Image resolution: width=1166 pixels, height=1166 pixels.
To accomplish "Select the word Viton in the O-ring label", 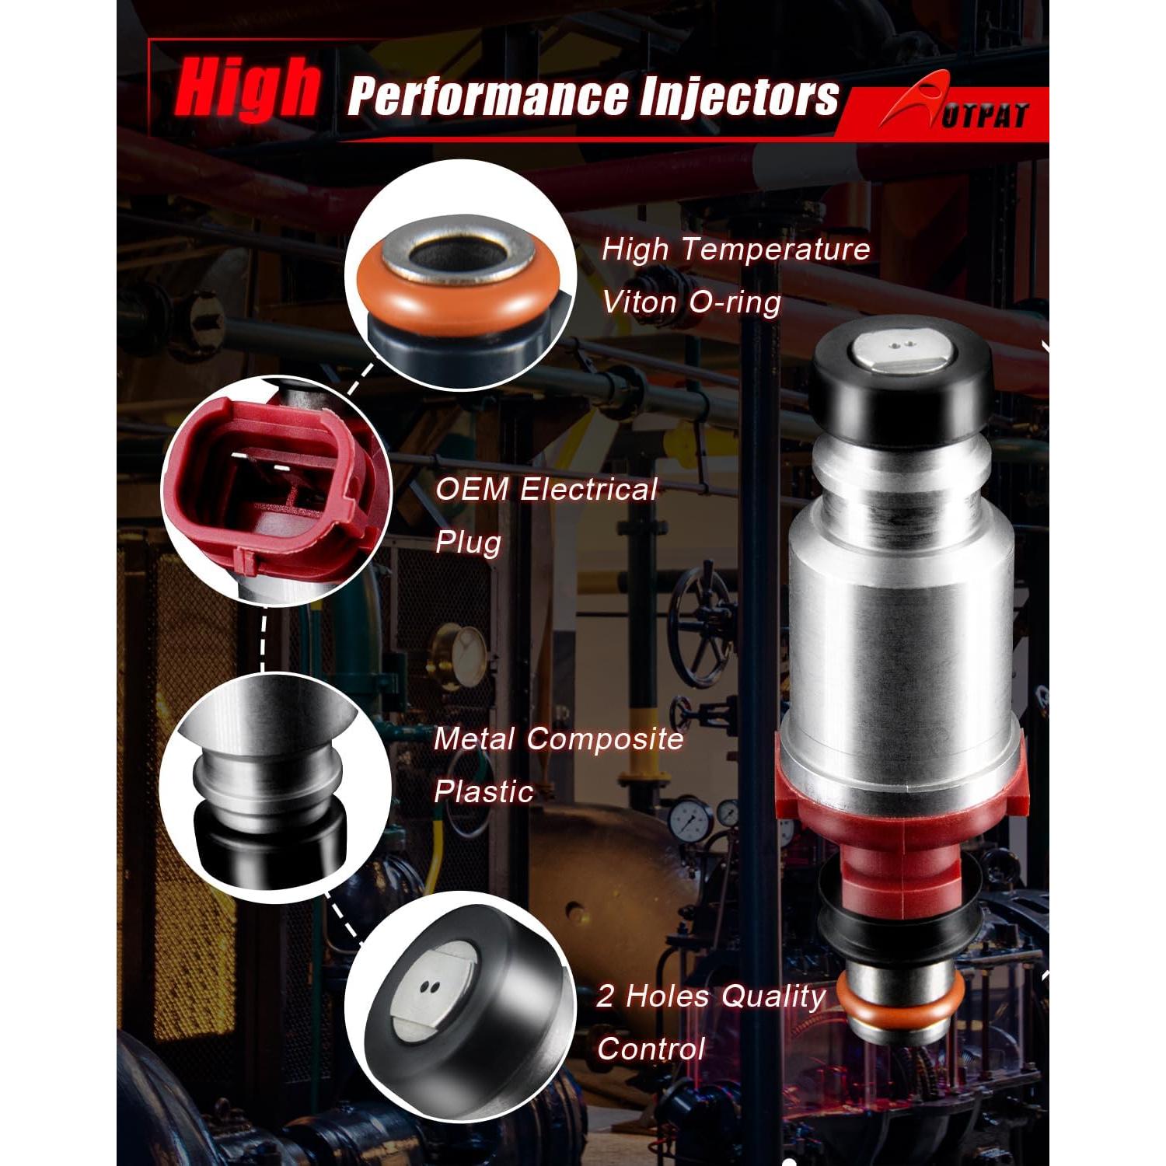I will click(x=639, y=302).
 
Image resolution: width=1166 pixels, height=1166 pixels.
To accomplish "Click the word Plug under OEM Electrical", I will click(x=468, y=542).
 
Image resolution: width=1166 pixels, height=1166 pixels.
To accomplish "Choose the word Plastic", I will click(x=484, y=791).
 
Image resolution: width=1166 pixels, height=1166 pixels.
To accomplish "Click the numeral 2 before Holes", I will click(x=605, y=997).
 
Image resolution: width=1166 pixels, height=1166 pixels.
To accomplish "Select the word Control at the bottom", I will click(x=651, y=1049).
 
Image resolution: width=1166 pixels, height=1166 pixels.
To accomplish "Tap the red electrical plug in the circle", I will click(x=264, y=490).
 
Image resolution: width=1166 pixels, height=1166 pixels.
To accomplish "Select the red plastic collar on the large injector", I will click(x=902, y=847).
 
